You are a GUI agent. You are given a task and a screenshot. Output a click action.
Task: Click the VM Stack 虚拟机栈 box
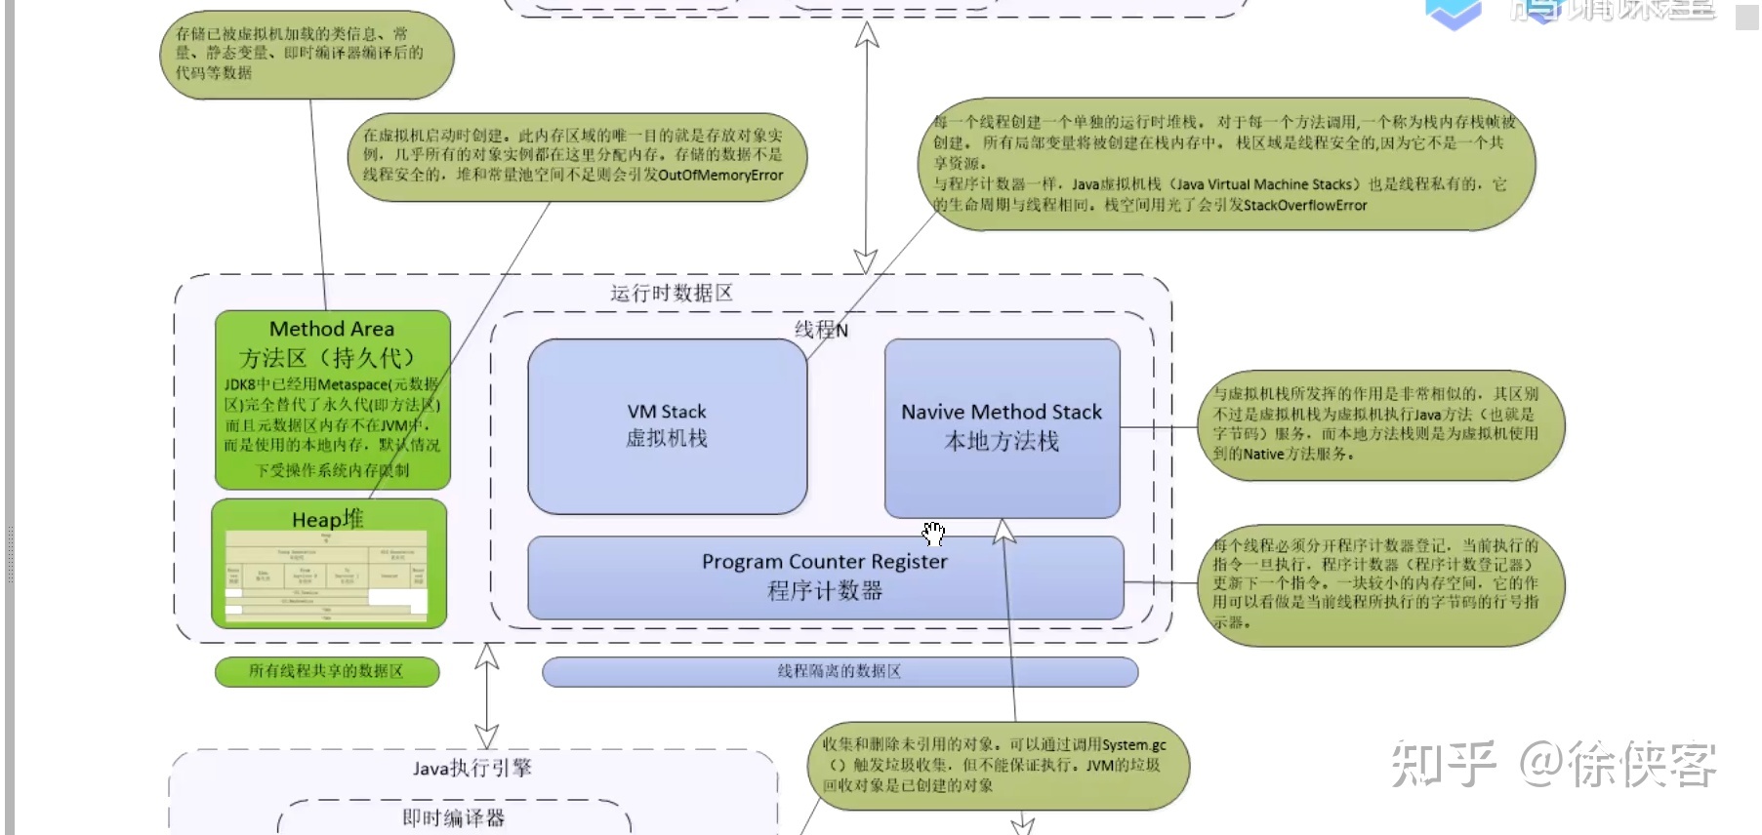[667, 425]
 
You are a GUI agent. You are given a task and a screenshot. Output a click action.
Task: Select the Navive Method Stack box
[1002, 426]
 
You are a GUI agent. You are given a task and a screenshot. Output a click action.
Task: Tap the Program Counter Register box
[825, 577]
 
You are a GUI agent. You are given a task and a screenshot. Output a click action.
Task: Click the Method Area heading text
[332, 330]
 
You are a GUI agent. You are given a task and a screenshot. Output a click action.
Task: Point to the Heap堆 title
[328, 519]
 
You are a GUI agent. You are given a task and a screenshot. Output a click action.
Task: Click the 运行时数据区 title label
[672, 293]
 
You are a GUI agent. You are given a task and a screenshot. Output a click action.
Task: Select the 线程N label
[821, 330]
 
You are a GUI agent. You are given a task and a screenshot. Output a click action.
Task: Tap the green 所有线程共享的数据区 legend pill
[326, 671]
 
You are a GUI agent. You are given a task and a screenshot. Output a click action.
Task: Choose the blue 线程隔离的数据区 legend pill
[840, 671]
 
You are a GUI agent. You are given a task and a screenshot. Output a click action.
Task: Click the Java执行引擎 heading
[471, 769]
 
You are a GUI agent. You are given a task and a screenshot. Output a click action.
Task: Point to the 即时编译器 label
[454, 817]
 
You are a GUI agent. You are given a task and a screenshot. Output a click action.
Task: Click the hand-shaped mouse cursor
[934, 533]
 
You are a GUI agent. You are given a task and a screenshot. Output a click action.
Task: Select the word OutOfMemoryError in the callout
[720, 176]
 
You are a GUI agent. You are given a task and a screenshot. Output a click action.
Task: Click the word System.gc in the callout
[1133, 745]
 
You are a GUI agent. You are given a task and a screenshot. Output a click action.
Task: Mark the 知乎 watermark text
[1443, 764]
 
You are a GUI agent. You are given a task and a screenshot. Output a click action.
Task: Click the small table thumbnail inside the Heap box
[327, 577]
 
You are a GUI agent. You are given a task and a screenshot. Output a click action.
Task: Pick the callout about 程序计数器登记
[1380, 583]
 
